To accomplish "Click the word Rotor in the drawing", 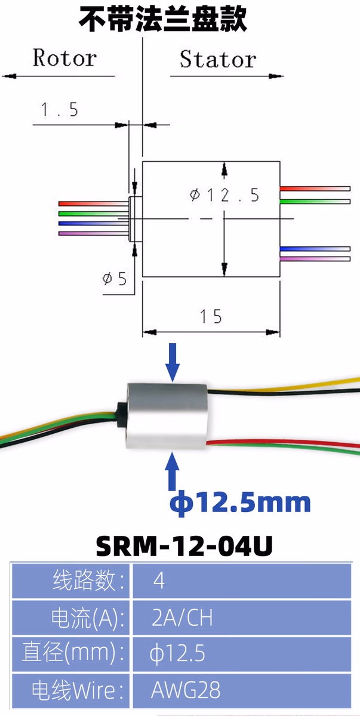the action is click(64, 58).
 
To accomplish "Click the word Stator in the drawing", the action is click(217, 59).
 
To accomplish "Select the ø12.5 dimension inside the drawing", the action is click(224, 195).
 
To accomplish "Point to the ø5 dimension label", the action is click(115, 278).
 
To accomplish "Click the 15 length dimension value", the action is click(211, 316).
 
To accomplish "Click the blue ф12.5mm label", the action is click(241, 502).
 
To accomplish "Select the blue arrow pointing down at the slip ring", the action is click(173, 361).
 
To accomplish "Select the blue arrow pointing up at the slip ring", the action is click(173, 471).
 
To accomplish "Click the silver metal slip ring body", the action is click(165, 416).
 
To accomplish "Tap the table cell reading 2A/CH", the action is click(182, 618).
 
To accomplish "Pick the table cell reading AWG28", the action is click(186, 690).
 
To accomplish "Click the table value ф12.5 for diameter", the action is click(177, 654).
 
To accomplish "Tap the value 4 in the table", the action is click(159, 581).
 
